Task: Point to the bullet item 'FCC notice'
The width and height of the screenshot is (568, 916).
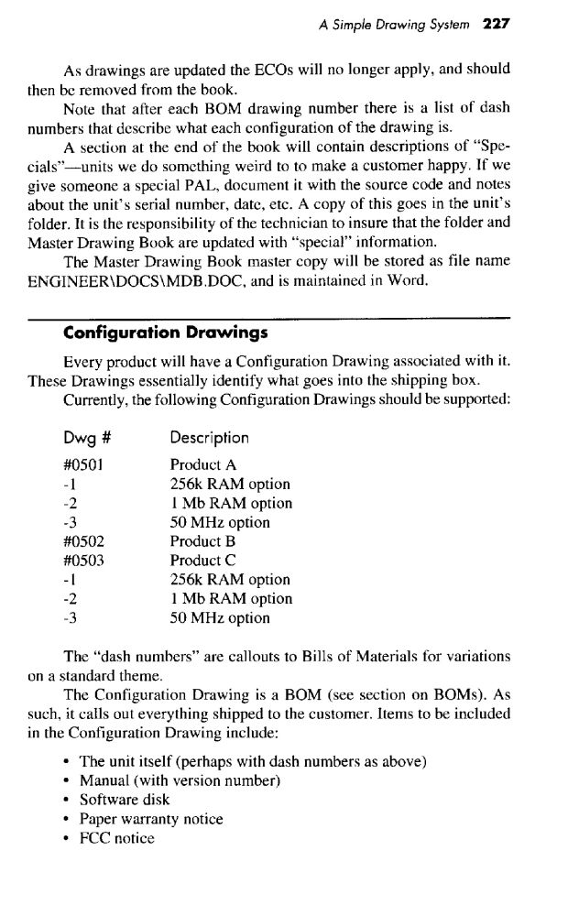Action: coord(117,838)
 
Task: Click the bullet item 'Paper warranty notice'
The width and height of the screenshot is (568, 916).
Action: coord(151,819)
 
